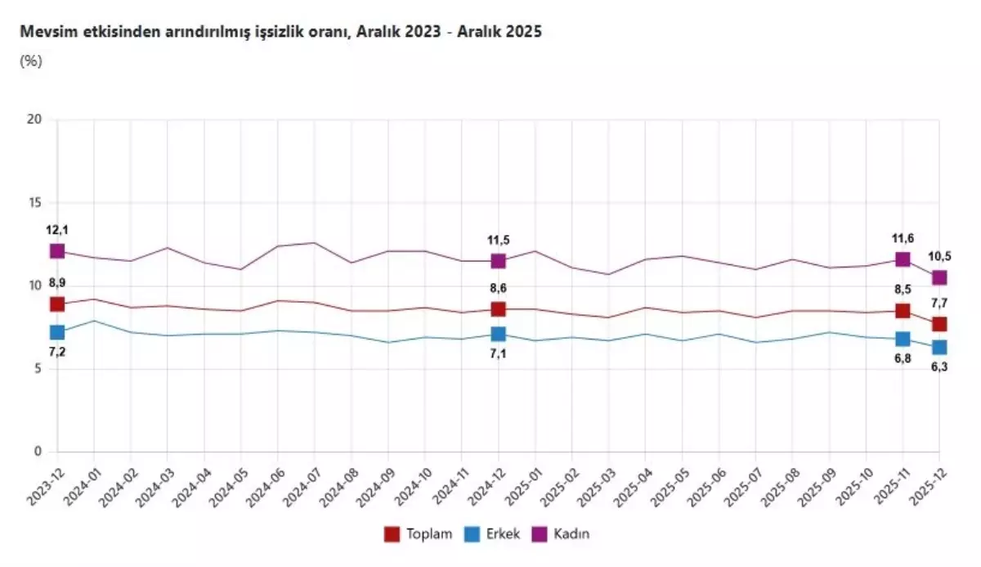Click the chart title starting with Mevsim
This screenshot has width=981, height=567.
click(280, 32)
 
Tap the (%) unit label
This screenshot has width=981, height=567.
click(30, 61)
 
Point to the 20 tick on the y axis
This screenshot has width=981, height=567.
click(34, 120)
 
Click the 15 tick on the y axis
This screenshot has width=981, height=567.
click(34, 203)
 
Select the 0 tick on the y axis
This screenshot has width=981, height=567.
click(37, 452)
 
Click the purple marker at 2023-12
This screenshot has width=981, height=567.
click(57, 251)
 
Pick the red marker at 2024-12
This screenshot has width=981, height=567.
click(498, 309)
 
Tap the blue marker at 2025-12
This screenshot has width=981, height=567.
click(939, 348)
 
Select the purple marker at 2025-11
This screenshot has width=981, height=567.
click(903, 259)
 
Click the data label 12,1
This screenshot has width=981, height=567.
click(57, 230)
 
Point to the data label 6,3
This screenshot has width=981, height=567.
click(939, 367)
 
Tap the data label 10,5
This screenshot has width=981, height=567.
click(939, 256)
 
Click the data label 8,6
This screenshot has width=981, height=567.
click(498, 288)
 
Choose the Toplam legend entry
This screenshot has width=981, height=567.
click(418, 534)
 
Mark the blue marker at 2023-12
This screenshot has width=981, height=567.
click(57, 332)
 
